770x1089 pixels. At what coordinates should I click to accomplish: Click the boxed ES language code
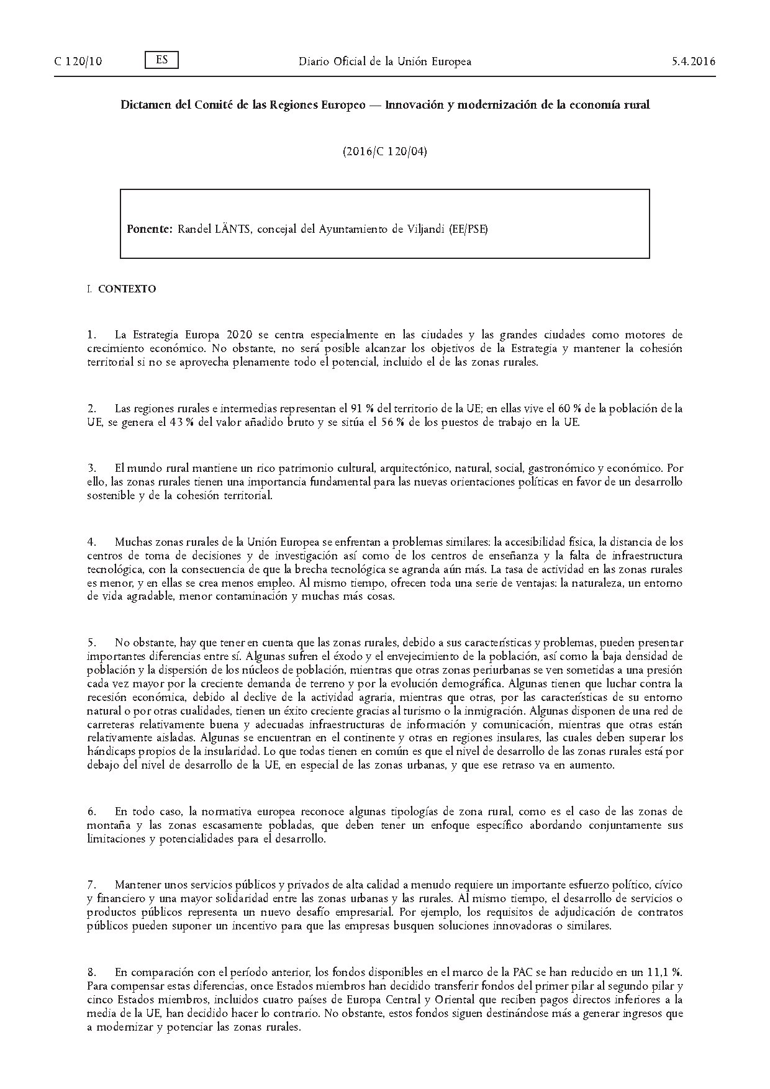161,60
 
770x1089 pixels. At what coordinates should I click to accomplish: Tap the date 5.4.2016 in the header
694,61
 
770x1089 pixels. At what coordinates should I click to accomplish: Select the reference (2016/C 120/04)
384,151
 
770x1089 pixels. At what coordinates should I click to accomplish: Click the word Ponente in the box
149,229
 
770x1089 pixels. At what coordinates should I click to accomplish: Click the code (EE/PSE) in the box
469,229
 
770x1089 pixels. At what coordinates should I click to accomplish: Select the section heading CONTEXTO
127,289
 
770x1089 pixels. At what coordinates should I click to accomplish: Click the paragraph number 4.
91,542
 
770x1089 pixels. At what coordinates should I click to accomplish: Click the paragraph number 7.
91,883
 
